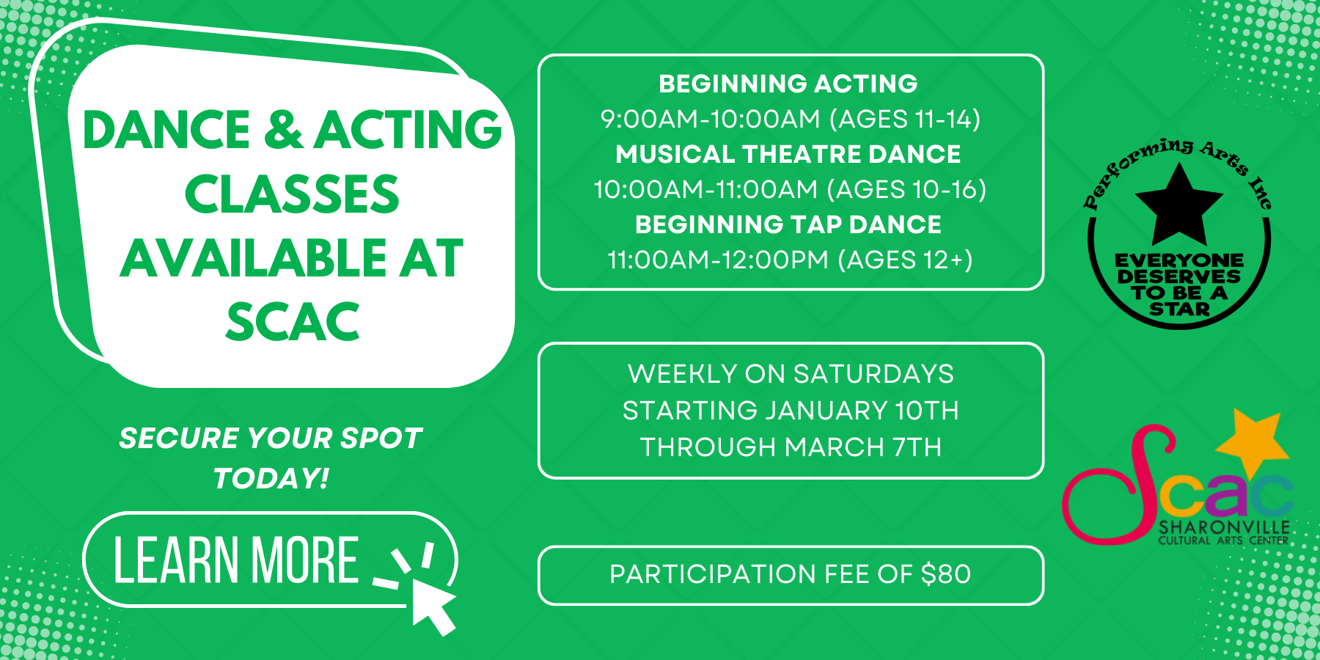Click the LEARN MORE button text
coord(236,560)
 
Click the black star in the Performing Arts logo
coord(1178,205)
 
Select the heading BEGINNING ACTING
coord(788,84)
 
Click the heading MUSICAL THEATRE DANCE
coord(788,154)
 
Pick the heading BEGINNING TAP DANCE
coord(788,224)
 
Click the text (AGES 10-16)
coord(906,189)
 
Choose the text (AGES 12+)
coord(906,260)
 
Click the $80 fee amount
coord(946,573)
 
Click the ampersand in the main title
coord(282,129)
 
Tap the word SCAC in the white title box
coord(293,322)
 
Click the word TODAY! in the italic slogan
coord(271,478)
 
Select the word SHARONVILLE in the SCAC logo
coord(1224,528)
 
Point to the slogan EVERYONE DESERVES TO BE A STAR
coord(1179,285)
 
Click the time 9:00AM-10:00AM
coord(710,119)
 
